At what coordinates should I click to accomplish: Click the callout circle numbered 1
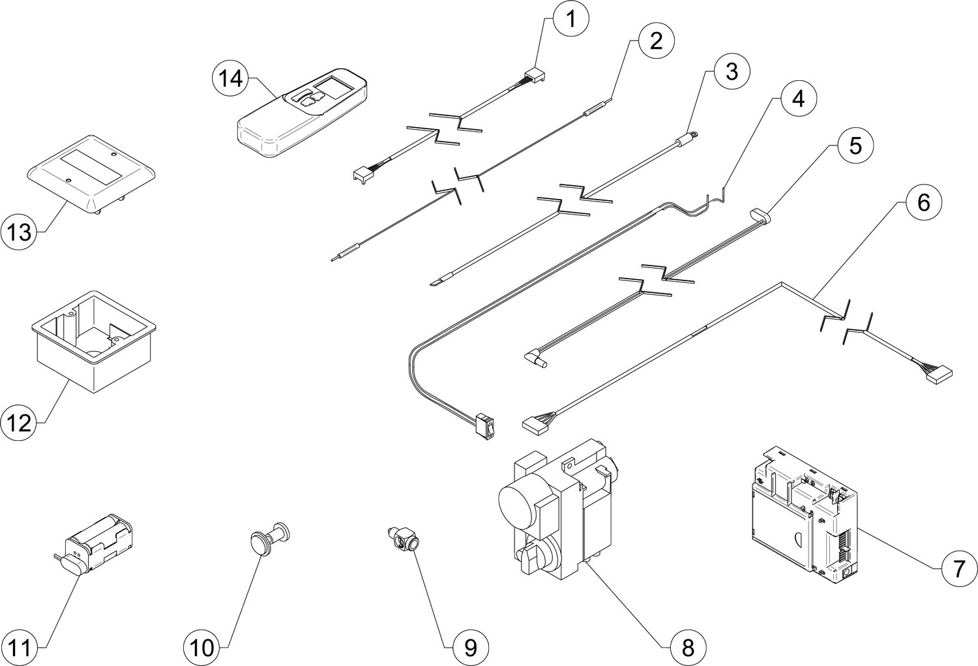click(571, 19)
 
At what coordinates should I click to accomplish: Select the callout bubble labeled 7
click(958, 569)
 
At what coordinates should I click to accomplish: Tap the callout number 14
click(230, 79)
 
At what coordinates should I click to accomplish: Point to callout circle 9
click(471, 648)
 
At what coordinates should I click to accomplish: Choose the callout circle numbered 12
click(19, 423)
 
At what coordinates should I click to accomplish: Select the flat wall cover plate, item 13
click(92, 174)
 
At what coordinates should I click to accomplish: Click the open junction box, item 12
click(94, 341)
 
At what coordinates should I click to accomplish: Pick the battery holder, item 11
click(95, 543)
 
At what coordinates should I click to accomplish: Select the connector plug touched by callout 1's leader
click(536, 76)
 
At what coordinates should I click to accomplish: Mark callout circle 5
click(855, 145)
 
